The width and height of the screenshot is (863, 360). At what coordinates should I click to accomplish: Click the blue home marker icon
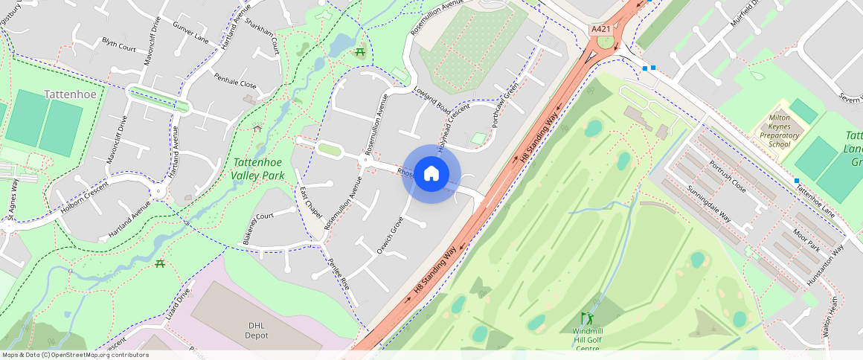431,174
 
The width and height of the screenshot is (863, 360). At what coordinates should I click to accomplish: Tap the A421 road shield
600,29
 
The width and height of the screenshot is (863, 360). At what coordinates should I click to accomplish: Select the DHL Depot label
256,330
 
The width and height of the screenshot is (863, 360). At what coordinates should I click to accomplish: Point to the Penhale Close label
235,81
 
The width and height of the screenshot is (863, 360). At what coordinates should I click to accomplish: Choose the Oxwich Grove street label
389,235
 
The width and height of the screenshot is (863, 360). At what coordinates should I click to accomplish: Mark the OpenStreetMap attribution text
76,355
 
